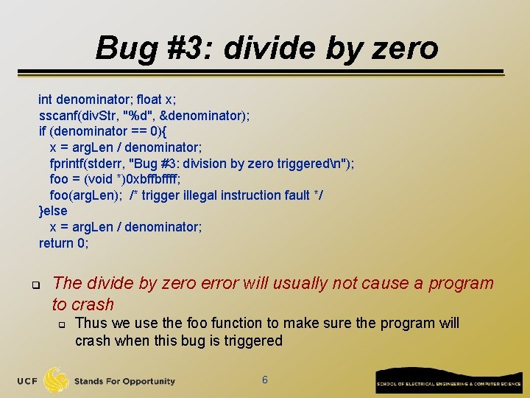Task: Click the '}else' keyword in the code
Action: (53, 211)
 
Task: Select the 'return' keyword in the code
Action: (57, 243)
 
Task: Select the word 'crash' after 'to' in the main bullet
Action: (93, 304)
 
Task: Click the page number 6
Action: (265, 380)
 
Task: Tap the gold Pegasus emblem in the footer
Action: (57, 380)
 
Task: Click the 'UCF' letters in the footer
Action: (28, 381)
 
